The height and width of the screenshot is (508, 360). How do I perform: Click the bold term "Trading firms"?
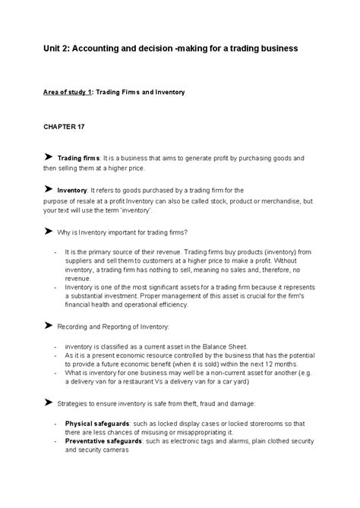pyautogui.click(x=77, y=157)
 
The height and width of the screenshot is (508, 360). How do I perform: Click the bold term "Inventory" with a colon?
pyautogui.click(x=72, y=189)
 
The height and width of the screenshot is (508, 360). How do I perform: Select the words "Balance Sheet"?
pyautogui.click(x=227, y=346)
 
